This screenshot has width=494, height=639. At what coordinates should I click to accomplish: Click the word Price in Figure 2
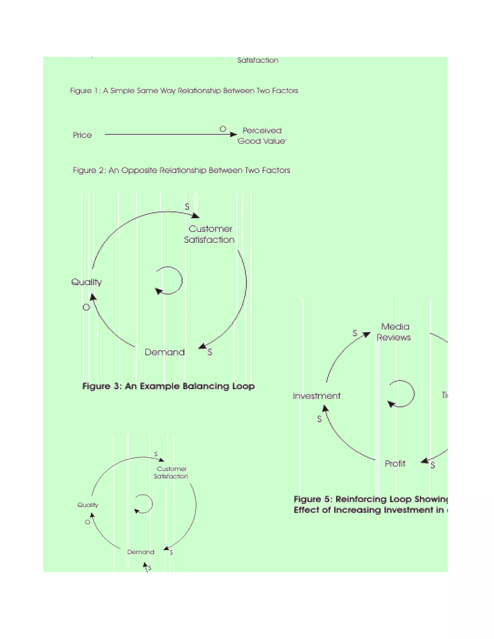coord(82,135)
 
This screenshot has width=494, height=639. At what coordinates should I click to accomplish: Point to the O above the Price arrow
coord(223,129)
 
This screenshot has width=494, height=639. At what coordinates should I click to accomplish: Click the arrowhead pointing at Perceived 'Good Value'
coord(233,135)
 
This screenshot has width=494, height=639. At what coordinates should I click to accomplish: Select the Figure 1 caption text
coord(184,91)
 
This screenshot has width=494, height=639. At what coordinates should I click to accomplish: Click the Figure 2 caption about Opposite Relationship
coord(181,170)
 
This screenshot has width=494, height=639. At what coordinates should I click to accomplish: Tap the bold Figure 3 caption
coord(168,386)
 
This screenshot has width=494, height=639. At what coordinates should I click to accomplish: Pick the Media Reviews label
coord(394,332)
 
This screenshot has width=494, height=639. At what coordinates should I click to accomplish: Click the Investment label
coord(317,396)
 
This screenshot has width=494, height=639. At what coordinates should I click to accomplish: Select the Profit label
coord(395,463)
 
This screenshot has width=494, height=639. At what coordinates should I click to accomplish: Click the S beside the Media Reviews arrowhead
coord(355,333)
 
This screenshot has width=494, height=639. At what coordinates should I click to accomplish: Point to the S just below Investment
coord(319,419)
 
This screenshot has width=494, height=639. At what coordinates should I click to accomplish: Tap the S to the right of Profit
coord(432,465)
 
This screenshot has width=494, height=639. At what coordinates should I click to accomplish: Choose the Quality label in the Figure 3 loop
coord(87,282)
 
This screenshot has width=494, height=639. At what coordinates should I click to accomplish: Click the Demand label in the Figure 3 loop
coord(165,352)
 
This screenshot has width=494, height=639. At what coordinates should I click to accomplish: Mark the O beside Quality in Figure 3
coord(86,307)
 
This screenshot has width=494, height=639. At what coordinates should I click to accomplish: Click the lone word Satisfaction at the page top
coord(258,60)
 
